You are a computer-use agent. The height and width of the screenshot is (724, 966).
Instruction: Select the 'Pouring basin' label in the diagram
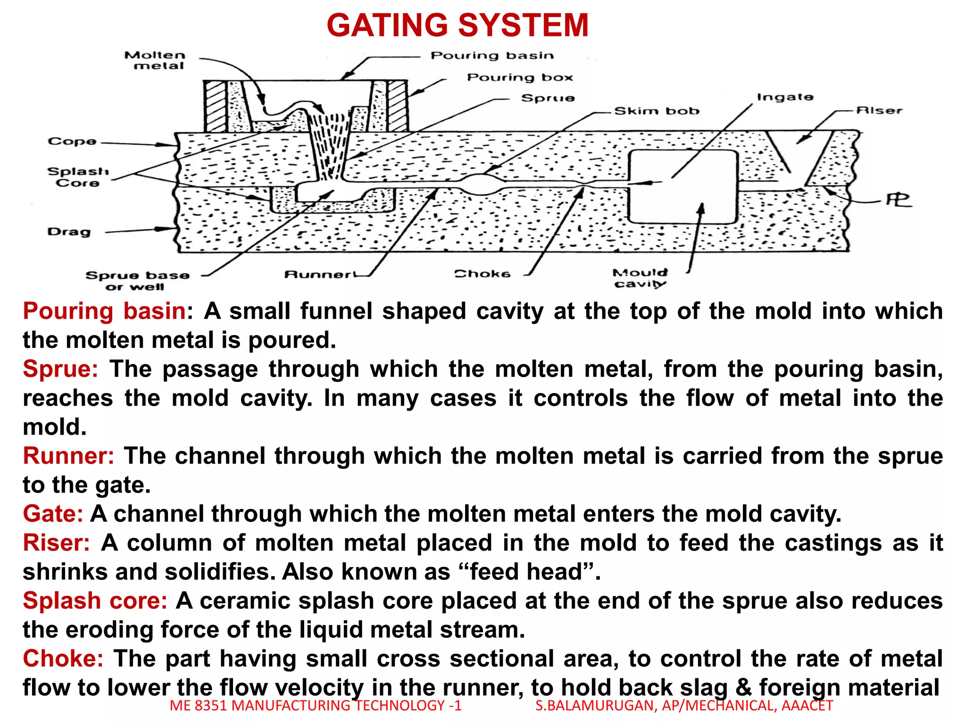(492, 56)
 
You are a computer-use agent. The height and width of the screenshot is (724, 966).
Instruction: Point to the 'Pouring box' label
(520, 77)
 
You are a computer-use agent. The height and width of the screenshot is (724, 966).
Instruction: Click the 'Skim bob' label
(657, 111)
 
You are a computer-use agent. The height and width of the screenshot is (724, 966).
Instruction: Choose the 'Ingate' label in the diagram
(785, 97)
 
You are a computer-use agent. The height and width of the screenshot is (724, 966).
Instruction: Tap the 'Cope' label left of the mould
(72, 141)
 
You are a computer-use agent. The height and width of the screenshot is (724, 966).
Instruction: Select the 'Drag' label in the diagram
(69, 232)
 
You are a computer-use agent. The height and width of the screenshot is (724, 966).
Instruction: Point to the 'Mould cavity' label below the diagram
(640, 278)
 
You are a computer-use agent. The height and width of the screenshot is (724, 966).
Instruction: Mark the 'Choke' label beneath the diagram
(482, 274)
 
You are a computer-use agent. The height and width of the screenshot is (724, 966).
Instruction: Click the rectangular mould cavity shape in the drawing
(683, 186)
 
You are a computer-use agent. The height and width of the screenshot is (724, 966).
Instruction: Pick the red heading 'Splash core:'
(95, 601)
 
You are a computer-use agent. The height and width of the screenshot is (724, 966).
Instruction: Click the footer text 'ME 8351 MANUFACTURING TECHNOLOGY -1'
(316, 706)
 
